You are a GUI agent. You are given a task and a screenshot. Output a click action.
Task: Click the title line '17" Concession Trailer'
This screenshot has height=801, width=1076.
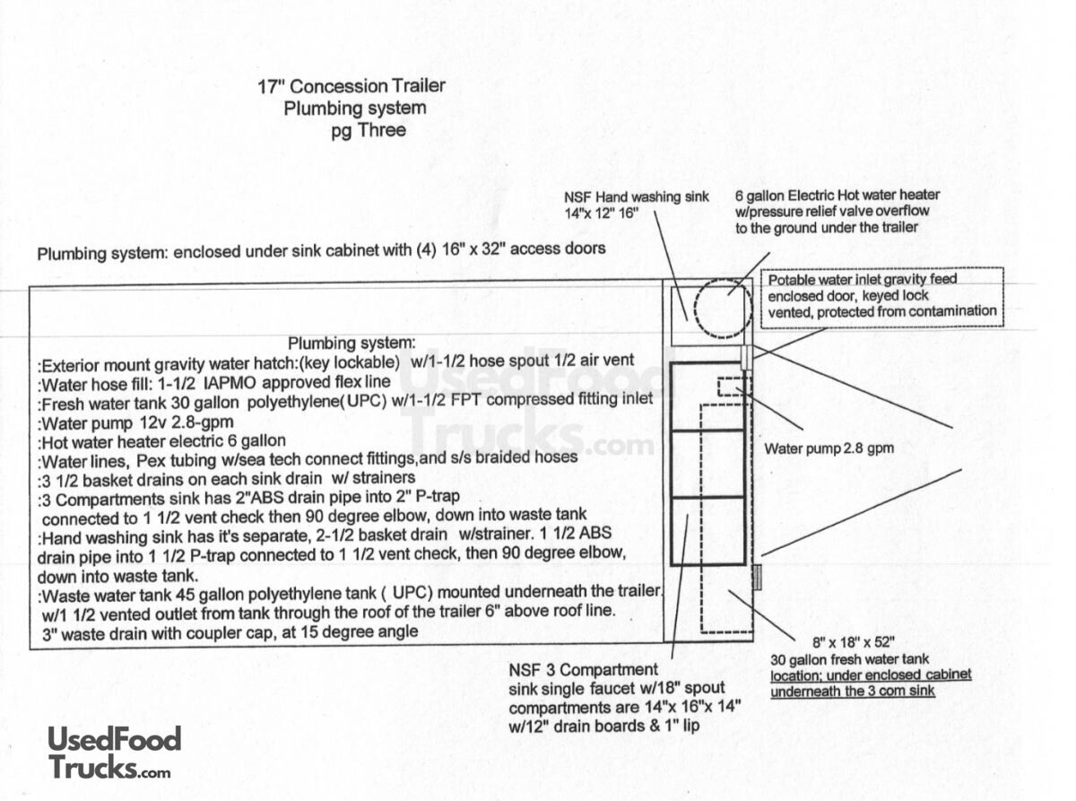point(351,87)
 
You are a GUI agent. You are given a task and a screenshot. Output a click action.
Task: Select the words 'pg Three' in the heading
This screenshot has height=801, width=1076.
point(368,130)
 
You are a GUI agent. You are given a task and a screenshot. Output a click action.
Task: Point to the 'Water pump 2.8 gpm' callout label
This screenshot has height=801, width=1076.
point(829,448)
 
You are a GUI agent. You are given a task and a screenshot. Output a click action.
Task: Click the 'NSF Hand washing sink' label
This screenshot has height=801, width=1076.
point(636,196)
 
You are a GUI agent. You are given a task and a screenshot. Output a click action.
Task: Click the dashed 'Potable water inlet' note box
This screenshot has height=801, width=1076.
point(881,296)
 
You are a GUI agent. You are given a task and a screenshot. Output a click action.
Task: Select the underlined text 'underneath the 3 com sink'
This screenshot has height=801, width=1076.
point(853,691)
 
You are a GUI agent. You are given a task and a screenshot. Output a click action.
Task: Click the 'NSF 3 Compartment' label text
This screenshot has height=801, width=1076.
point(583,670)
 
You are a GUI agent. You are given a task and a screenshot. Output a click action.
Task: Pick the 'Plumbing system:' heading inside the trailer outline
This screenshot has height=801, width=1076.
point(351,343)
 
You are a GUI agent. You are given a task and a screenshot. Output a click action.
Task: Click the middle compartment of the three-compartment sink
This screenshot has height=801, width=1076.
point(707,463)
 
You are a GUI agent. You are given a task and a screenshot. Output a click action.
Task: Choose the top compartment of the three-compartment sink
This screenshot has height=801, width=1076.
point(707,396)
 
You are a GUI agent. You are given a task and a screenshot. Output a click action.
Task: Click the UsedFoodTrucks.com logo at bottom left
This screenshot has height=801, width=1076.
point(114,753)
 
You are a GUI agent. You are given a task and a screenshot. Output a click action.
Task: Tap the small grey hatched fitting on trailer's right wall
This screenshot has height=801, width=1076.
point(757,578)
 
